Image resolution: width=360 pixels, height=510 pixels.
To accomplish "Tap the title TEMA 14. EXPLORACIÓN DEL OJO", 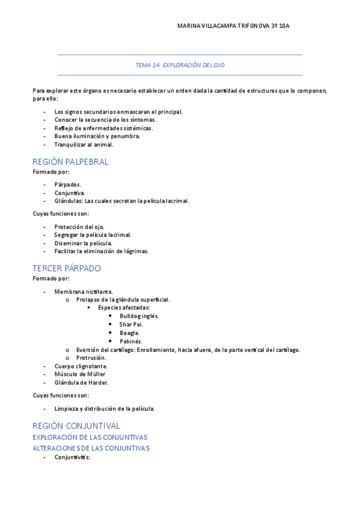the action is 180,65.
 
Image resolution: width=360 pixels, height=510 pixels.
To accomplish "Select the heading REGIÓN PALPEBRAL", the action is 70,162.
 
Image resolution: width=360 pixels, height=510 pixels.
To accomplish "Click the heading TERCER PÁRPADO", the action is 67,268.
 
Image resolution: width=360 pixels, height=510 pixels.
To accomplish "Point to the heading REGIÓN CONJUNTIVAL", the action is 76,426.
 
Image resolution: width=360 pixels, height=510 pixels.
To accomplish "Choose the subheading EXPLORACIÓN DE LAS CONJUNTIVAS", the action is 90,437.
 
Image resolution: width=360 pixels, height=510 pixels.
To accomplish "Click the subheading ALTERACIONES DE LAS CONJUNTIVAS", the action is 91,448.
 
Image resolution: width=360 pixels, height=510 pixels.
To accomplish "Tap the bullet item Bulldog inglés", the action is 139,316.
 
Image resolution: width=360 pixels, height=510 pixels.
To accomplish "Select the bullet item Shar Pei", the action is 131,324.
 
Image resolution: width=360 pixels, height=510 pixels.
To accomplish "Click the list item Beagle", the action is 129,333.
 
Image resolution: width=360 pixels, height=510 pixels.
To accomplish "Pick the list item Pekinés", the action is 130,342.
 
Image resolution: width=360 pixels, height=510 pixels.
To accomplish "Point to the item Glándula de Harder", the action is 81,382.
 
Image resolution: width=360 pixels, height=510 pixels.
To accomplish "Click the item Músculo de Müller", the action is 80,374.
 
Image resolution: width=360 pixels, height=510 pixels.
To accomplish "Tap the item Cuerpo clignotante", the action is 81,366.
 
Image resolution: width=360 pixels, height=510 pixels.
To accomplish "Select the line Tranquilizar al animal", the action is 84,144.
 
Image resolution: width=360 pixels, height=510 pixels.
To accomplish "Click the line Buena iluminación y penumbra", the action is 97,136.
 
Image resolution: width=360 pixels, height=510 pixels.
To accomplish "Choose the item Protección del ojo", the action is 79,227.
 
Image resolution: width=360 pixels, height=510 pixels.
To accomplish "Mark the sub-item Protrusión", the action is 91,357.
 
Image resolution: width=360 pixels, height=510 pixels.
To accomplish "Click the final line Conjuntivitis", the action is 72,457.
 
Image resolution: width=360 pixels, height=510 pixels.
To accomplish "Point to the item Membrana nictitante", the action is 83,291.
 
